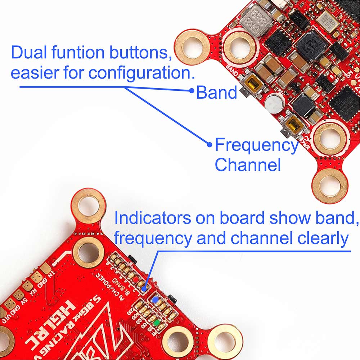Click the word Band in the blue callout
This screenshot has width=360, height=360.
point(216,93)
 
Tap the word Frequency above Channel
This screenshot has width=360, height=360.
point(256,145)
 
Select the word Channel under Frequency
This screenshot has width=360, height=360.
point(248,165)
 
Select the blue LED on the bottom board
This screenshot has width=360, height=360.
point(155,300)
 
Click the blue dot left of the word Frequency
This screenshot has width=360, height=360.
point(210,145)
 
